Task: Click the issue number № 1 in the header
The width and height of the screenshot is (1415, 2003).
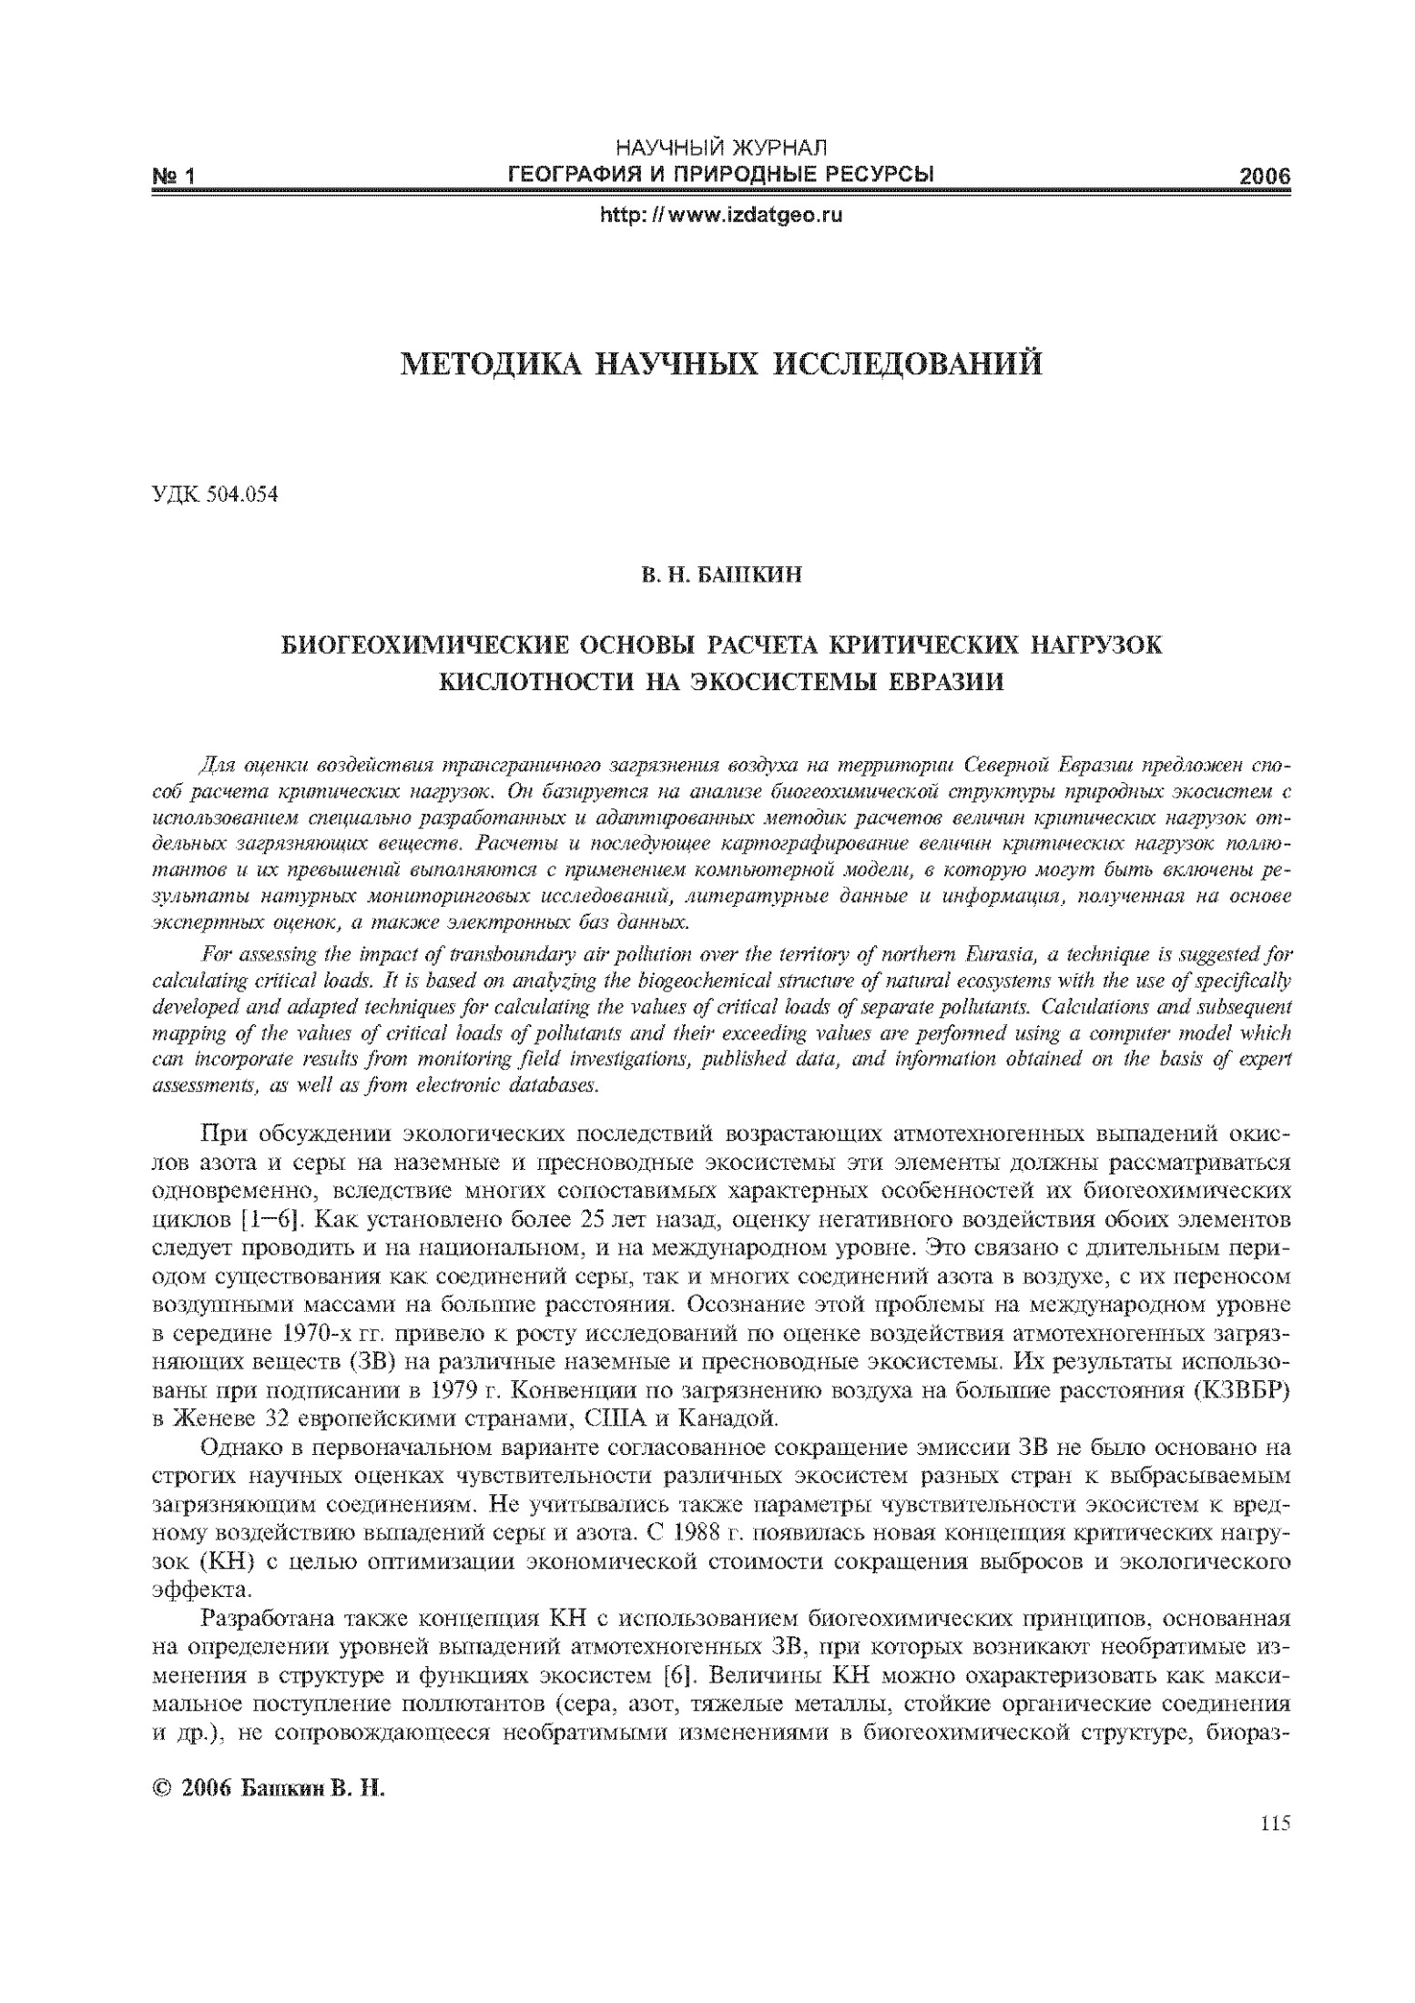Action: (174, 177)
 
